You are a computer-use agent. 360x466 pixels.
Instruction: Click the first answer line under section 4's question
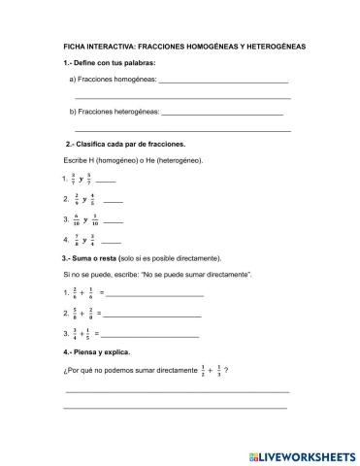177,391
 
